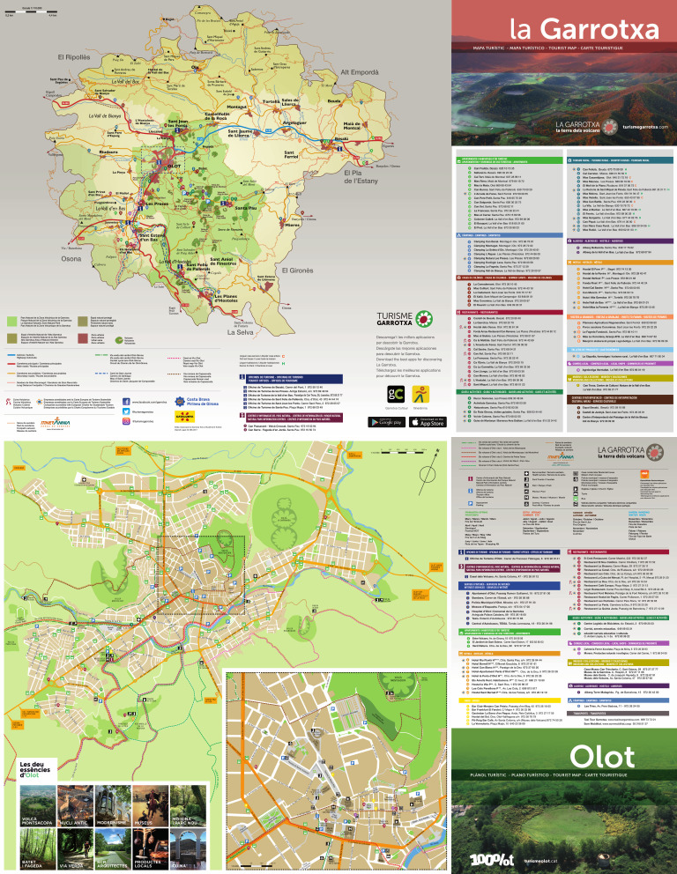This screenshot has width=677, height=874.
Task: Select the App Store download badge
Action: coord(426,422)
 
